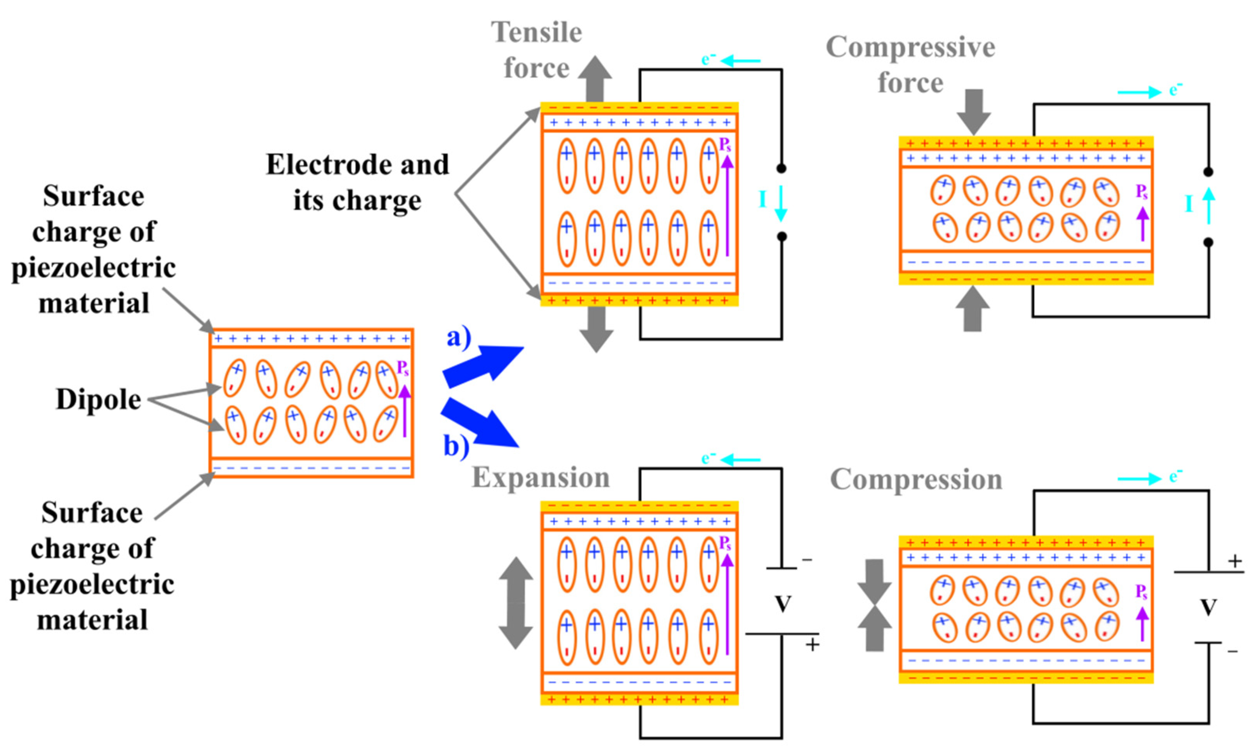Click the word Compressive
[x=910, y=48]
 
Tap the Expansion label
[x=540, y=478]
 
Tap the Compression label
[x=916, y=479]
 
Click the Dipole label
[x=98, y=399]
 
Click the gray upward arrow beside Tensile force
[x=595, y=79]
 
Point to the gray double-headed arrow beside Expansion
[x=516, y=603]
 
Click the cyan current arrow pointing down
[x=781, y=204]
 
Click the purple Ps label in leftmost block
[x=402, y=368]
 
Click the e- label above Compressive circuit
[x=1176, y=90]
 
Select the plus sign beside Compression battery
[x=1235, y=562]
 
